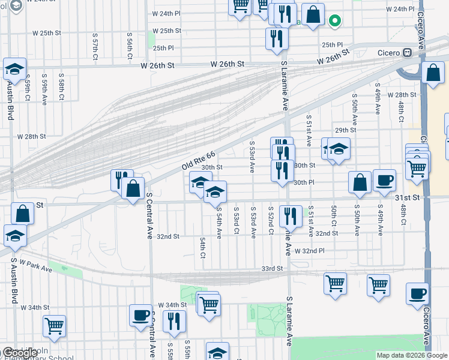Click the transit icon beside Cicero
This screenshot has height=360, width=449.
pyautogui.click(x=408, y=52)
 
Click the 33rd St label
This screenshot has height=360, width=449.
pyautogui.click(x=271, y=268)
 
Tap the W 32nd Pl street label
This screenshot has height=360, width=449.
pyautogui.click(x=309, y=250)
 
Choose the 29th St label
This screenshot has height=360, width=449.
pyautogui.click(x=346, y=130)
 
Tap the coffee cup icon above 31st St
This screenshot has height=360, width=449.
pyautogui.click(x=384, y=179)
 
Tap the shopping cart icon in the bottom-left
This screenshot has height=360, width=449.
pyautogui.click(x=54, y=326)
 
